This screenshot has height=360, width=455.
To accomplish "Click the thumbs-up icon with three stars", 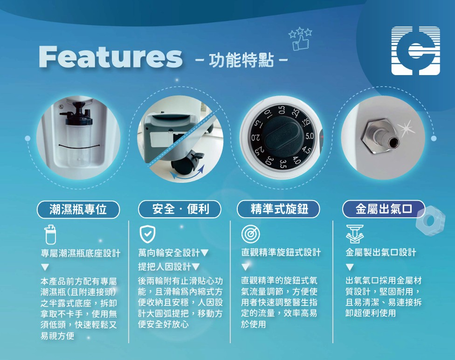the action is coord(301,39).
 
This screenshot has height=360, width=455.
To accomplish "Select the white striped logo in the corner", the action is coord(415,51).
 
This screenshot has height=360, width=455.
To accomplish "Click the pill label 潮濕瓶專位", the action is coord(78,209).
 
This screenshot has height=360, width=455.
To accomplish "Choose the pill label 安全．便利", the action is coord(180,209).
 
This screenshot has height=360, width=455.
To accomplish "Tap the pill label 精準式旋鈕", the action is coord(279,209).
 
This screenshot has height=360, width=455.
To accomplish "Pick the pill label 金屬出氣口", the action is coord(384,209).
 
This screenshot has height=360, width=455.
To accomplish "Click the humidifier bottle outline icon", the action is coord(50,235).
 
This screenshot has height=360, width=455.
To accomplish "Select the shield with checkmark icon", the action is coord(148,234).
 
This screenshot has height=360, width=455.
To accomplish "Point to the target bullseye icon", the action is coord(250,234).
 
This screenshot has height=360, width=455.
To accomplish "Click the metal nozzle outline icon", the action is coord(355,234).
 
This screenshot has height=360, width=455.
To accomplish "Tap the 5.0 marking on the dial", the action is coord(310,136).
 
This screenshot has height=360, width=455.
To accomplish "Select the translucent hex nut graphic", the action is coord(430,221).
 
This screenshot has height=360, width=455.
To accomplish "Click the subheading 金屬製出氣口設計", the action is coord(381,252).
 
